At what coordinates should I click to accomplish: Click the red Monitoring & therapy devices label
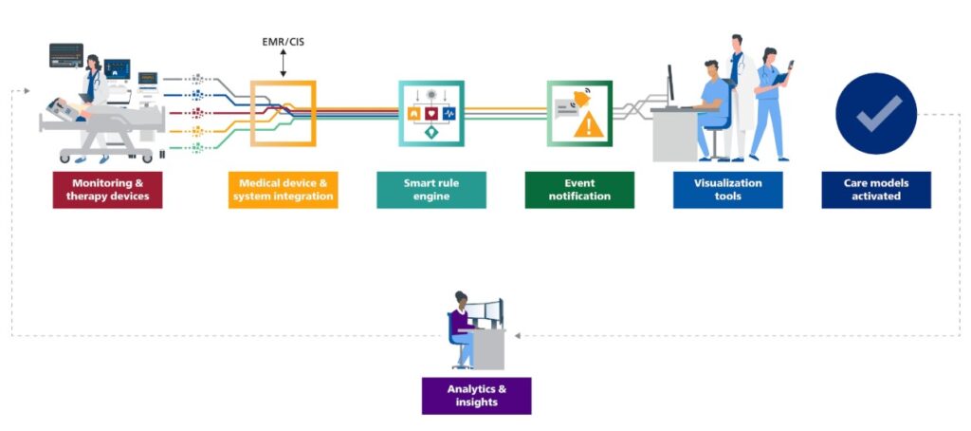(x=107, y=190)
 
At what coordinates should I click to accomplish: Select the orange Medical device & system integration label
(x=283, y=190)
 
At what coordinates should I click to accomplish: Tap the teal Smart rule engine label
(x=431, y=190)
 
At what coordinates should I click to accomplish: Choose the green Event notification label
(x=579, y=190)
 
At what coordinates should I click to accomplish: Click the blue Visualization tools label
(x=727, y=190)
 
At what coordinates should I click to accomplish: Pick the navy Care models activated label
(x=875, y=190)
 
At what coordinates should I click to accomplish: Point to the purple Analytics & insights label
(x=476, y=396)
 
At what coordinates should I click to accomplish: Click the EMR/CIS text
(x=283, y=42)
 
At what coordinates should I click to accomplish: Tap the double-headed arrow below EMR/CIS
(x=283, y=65)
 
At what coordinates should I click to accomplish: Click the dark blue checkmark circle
(x=875, y=114)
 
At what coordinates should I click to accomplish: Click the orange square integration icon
(x=283, y=113)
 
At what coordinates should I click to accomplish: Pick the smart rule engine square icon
(x=431, y=113)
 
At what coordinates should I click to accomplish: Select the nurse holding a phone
(x=770, y=100)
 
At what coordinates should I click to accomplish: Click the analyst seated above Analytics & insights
(x=462, y=328)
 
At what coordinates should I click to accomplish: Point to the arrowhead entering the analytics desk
(x=518, y=335)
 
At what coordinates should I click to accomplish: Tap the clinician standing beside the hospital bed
(x=93, y=90)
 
